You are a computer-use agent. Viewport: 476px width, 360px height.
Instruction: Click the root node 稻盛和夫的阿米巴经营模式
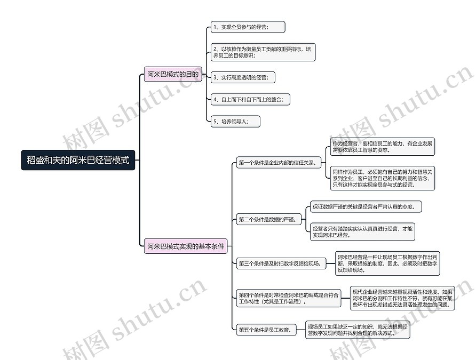point(78,160)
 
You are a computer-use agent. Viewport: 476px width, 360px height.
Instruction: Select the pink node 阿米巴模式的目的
point(173,75)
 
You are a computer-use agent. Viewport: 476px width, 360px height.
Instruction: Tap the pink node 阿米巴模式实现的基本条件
point(186,246)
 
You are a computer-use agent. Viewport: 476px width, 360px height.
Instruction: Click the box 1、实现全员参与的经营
point(247,27)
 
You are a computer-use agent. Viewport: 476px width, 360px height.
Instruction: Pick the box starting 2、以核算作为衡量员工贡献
point(263,52)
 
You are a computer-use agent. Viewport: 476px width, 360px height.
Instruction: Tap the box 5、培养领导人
point(235,121)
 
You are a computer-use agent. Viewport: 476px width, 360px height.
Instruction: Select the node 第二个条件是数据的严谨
point(267,219)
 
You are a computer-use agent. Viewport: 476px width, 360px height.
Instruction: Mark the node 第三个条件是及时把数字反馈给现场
point(281,263)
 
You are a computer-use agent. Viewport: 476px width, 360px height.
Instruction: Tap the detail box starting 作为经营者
point(383,147)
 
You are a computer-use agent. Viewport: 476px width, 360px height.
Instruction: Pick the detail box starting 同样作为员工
point(383,178)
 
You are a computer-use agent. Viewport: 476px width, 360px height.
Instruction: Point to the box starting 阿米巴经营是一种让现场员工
point(387,263)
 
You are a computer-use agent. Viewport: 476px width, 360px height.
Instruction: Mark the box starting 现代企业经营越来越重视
point(403,299)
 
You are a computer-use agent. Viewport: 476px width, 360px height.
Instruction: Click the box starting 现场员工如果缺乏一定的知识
point(358,330)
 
